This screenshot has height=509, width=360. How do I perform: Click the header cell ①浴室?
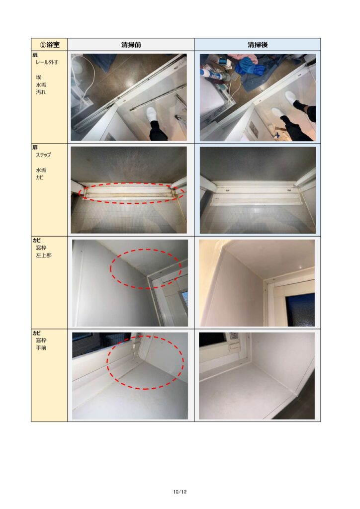(x=49, y=44)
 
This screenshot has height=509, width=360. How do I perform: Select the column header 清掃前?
(x=131, y=44)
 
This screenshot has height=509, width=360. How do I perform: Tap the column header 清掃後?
(x=258, y=44)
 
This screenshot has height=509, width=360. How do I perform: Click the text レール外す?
(x=47, y=62)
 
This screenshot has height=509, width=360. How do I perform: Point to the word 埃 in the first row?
(x=39, y=77)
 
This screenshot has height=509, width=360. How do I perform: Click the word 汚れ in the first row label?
(x=41, y=92)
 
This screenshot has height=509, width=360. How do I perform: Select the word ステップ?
(x=43, y=155)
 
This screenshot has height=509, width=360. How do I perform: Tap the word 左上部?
(x=43, y=255)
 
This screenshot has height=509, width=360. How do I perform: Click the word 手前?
(x=41, y=347)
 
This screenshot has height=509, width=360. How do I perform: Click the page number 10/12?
(x=180, y=492)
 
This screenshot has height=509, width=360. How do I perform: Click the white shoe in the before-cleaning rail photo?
(x=152, y=115)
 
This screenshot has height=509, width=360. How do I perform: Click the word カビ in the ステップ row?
(x=39, y=177)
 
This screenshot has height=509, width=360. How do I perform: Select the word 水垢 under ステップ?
(x=41, y=170)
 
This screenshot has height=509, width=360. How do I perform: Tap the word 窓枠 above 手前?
(x=41, y=340)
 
